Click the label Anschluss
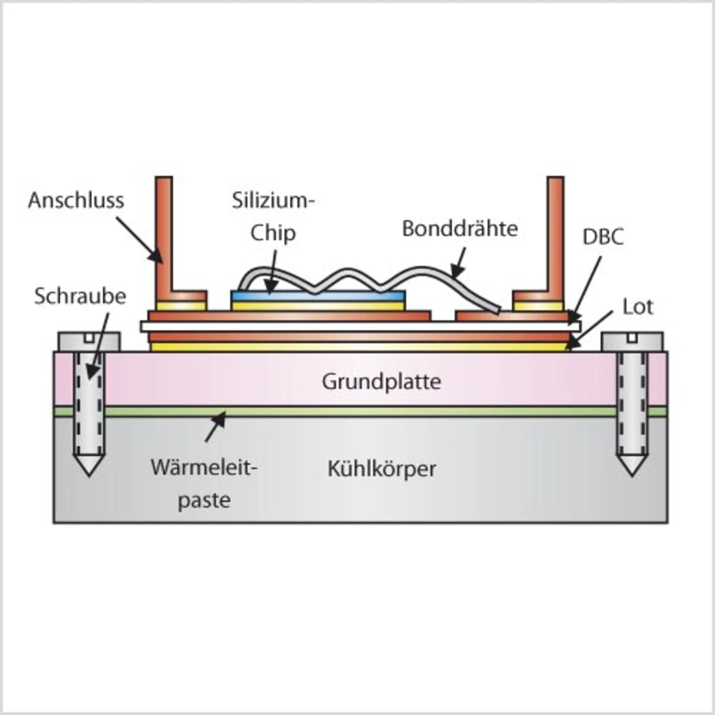[x=76, y=200]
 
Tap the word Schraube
[x=80, y=296]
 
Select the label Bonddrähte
[x=460, y=228]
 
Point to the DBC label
[x=603, y=237]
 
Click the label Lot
[x=637, y=307]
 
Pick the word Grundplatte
[x=382, y=382]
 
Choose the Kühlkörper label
[x=382, y=468]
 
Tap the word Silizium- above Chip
[x=273, y=200]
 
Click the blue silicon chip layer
[x=318, y=295]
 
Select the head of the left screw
[x=89, y=340]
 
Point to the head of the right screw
[x=632, y=340]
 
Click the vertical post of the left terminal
[x=164, y=235]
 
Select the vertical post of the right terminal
[x=555, y=235]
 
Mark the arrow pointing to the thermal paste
[x=216, y=427]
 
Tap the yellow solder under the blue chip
[x=318, y=306]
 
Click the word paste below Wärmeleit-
[x=204, y=500]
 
